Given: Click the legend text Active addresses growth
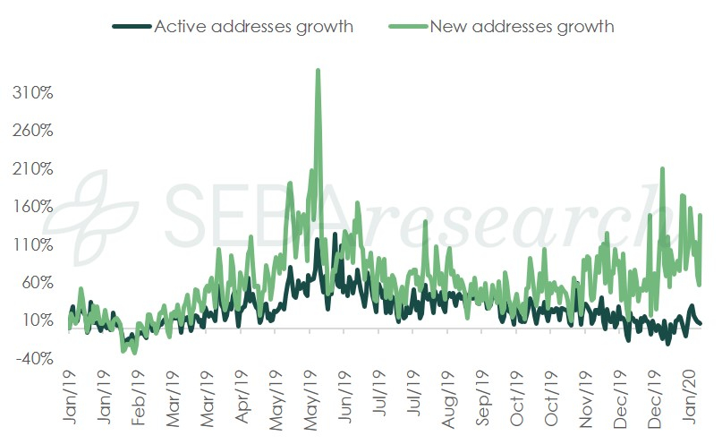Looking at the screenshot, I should pyautogui.click(x=254, y=26).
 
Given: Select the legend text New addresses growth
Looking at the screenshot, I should pyautogui.click(x=522, y=26).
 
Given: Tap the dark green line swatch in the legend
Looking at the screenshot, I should pyautogui.click(x=132, y=26).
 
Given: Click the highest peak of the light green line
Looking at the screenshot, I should pyautogui.click(x=318, y=70).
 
